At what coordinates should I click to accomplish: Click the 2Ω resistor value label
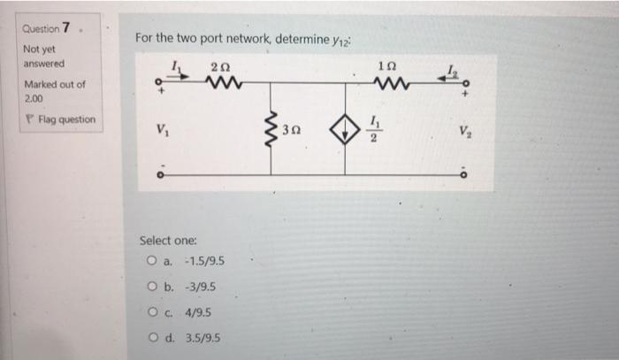[218, 67]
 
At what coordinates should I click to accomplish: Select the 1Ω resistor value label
[386, 67]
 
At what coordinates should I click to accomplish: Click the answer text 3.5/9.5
[203, 338]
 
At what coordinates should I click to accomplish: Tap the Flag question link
[61, 119]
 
